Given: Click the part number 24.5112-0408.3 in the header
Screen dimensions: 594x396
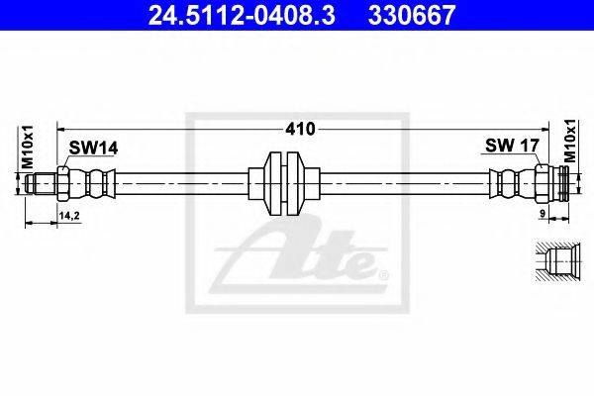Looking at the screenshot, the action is click(x=242, y=16).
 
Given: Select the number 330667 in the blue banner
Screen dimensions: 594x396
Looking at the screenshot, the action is click(x=412, y=16).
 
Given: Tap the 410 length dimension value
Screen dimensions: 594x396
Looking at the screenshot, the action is click(x=300, y=130).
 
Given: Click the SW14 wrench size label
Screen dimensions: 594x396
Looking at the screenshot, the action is click(x=93, y=148).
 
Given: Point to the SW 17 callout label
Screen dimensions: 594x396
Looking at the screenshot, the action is click(x=512, y=146).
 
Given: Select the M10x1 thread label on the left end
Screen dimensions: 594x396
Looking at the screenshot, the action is click(x=28, y=148).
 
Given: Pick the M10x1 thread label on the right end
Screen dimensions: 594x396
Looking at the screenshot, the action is click(x=569, y=141).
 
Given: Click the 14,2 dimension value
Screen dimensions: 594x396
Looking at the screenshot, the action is click(x=69, y=216).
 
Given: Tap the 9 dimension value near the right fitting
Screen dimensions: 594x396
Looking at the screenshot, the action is click(x=543, y=214).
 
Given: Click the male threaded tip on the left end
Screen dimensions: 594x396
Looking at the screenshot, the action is click(x=41, y=184).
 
